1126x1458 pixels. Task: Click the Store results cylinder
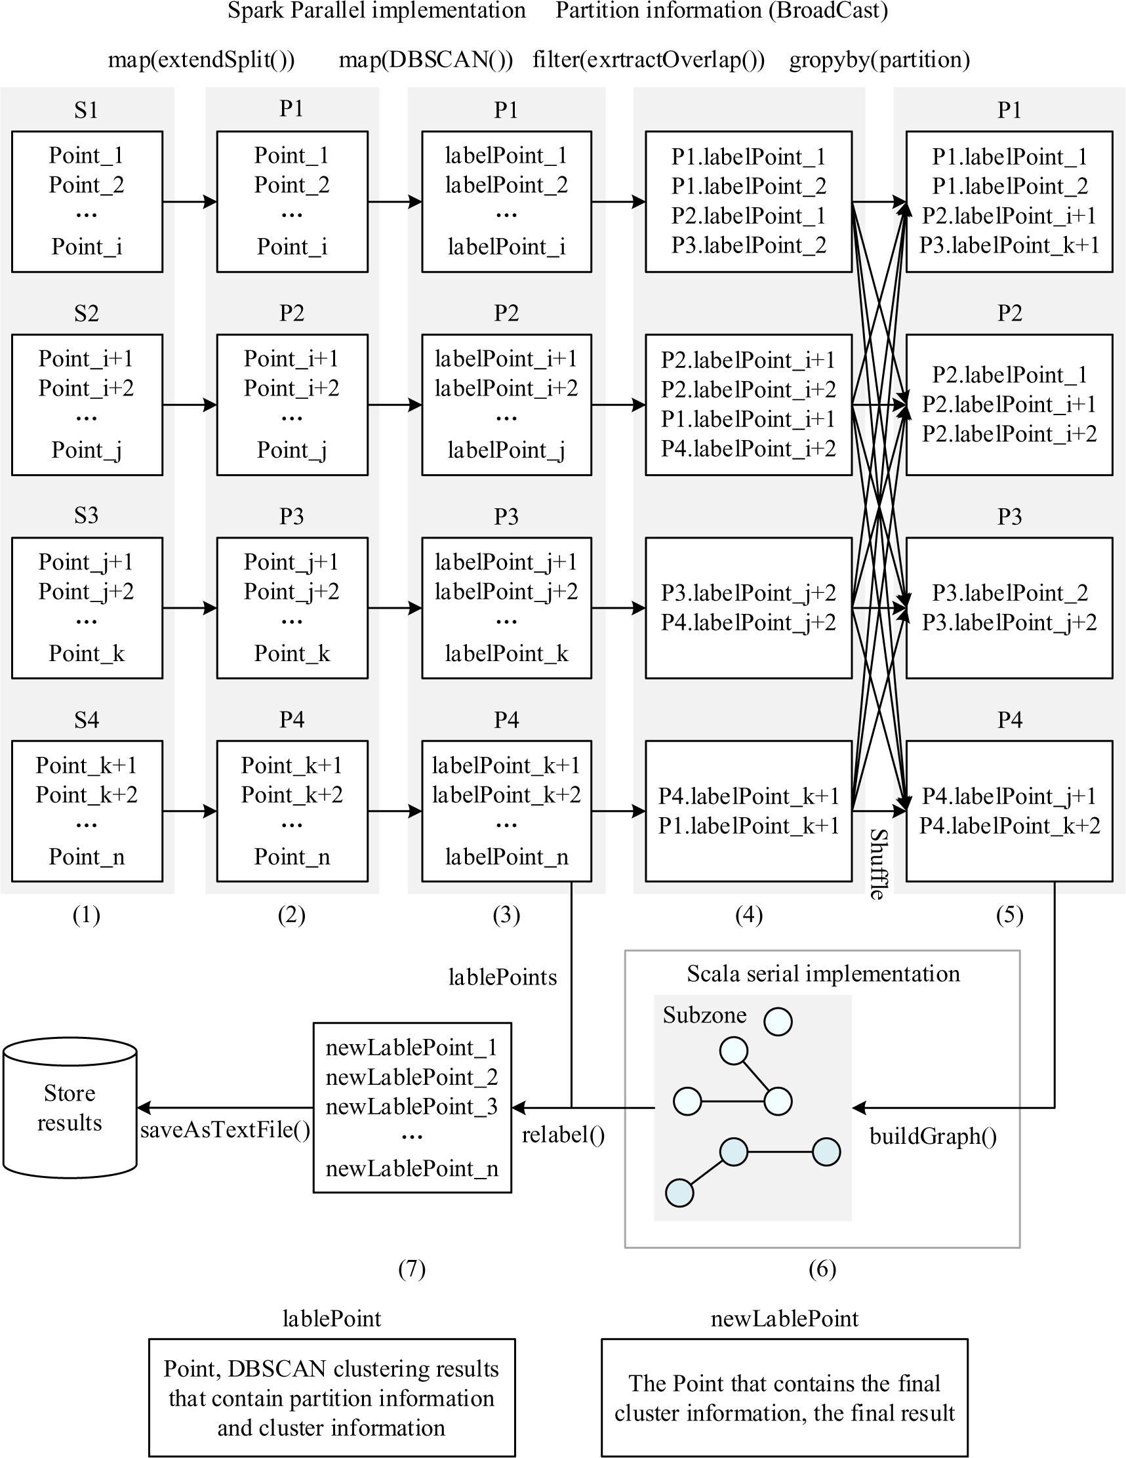pos(70,1108)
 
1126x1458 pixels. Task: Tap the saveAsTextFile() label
pos(225,1129)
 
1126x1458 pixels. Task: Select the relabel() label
pos(563,1134)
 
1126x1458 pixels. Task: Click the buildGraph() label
pos(933,1135)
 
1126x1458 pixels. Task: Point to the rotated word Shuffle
pos(877,864)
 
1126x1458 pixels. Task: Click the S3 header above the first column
pos(86,516)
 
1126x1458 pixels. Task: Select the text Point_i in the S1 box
pos(87,247)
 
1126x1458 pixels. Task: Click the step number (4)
pos(748,914)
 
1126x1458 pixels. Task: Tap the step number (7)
pos(411,1268)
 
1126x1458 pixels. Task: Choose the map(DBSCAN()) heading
pos(426,60)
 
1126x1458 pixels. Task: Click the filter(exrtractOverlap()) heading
pos(648,60)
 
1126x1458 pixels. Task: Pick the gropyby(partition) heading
pos(879,60)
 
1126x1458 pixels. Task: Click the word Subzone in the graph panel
pos(704,1015)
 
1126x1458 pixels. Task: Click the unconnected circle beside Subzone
pos(778,1021)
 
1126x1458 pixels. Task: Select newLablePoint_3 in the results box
pos(411,1107)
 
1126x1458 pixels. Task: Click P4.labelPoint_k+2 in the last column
pos(1009,826)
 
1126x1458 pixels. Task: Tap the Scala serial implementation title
pos(823,974)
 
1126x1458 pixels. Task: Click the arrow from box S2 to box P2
pos(190,405)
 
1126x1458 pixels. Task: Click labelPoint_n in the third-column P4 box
pos(506,857)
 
